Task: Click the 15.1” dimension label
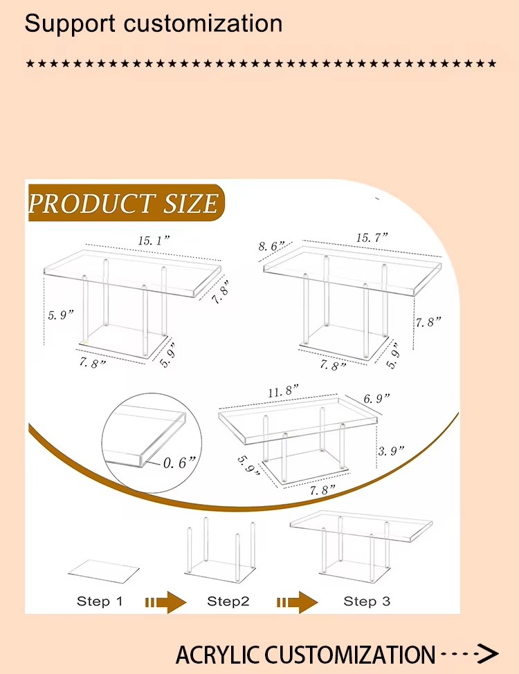pos(154,241)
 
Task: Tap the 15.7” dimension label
pos(372,238)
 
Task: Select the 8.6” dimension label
pos(271,246)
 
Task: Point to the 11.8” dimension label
pos(283,391)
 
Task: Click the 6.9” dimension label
pos(376,398)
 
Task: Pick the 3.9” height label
pos(391,451)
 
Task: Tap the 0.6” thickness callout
pos(179,462)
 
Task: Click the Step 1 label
pos(100,601)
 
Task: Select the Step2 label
pos(228,601)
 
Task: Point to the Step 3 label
pos(367,601)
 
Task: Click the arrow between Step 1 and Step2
pos(165,602)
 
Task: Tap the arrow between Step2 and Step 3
pos(297,602)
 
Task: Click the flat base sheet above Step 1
pos(104,571)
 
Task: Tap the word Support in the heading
pos(70,24)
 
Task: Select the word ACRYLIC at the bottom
pos(218,655)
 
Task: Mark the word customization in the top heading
pos(203,24)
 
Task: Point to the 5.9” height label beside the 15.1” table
pos(61,315)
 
